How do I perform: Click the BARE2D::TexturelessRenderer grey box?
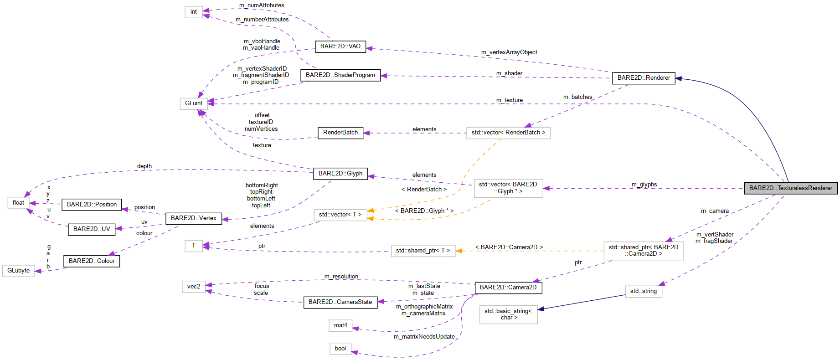coord(790,188)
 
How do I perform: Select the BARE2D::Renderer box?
coord(643,78)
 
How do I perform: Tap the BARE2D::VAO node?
coord(340,46)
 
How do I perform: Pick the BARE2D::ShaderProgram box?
coord(340,75)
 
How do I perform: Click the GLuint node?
coord(193,103)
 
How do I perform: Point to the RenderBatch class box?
coord(340,133)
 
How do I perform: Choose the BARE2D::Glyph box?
coord(340,174)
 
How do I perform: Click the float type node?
coord(18,203)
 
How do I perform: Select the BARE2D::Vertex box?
coord(193,218)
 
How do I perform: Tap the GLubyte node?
coord(18,271)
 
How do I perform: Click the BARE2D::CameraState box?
coord(340,302)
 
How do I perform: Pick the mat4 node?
coord(340,325)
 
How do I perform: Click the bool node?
coord(340,349)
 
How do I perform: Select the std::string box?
coord(643,291)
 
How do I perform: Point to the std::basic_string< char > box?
coord(508,314)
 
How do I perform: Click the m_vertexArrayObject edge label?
coord(509,52)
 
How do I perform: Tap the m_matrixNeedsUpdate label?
coord(424,337)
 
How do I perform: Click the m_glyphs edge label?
coord(644,185)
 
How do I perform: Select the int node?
coord(193,12)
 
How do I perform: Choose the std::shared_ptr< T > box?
coord(423,251)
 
